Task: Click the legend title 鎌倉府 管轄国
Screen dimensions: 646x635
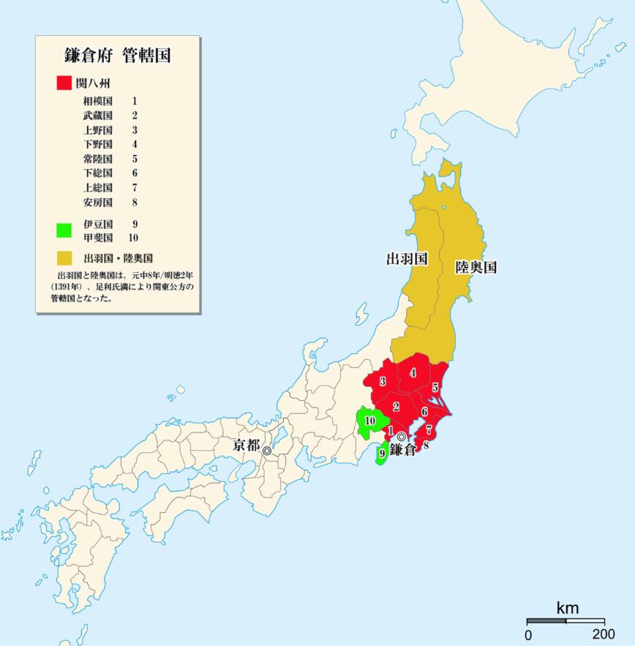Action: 117,56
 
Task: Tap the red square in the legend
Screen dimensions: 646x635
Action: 64,82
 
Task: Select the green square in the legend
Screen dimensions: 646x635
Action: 64,230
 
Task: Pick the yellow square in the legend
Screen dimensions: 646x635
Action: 64,258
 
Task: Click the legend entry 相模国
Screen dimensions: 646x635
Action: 98,101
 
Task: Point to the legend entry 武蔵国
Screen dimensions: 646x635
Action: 98,116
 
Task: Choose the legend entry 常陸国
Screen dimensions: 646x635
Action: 98,159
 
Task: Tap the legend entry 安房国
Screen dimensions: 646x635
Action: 98,202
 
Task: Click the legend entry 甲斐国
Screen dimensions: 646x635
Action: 98,237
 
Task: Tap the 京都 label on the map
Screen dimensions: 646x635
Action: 246,445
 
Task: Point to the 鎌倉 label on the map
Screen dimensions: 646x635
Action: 402,450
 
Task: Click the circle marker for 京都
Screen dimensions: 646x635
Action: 267,451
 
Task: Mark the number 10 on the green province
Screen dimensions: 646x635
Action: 370,421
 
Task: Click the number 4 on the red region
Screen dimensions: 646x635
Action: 413,373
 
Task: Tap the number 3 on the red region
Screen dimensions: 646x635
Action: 383,382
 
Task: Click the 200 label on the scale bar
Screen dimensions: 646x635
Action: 604,634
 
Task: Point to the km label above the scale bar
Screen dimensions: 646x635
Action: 567,608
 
